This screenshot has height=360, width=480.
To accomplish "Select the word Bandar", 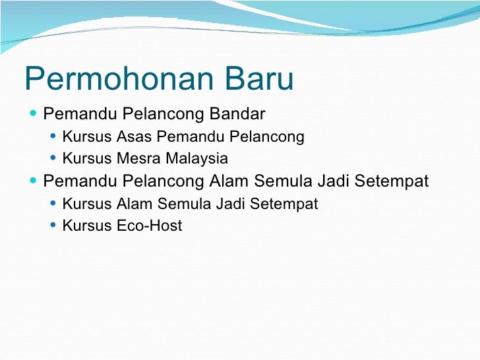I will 237,115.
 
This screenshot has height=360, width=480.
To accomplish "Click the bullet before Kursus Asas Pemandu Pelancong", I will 53,137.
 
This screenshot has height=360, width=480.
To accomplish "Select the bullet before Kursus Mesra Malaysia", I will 53,159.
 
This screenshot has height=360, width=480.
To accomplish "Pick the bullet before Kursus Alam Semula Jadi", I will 53,204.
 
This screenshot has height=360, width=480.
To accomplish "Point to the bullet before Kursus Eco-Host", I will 53,226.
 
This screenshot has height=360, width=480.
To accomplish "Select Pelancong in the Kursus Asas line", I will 272,137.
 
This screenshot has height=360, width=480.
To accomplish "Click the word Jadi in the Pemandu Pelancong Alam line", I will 335,181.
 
